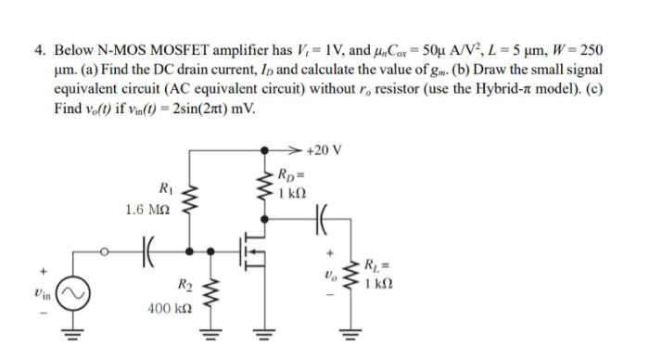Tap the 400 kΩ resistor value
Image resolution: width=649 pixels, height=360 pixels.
[x=169, y=304]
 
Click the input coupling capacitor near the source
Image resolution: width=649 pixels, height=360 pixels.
[x=146, y=249]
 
